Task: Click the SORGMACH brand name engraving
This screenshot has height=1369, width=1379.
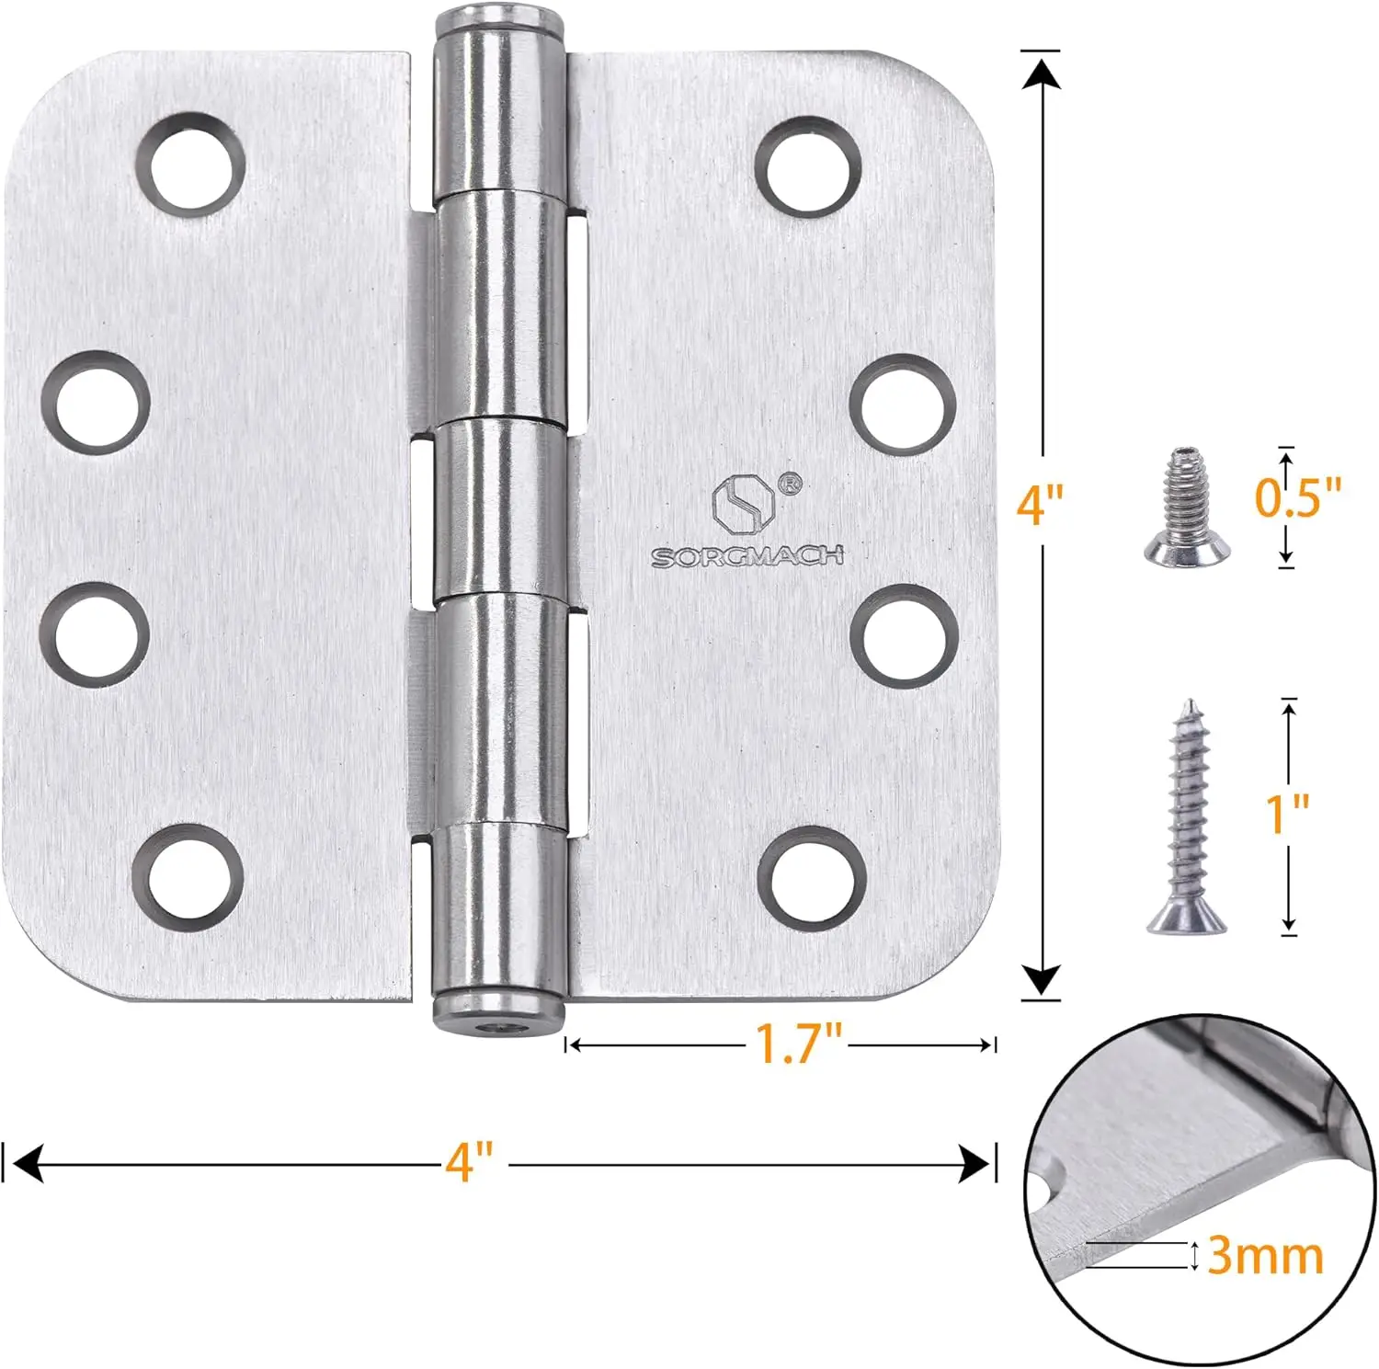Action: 746,556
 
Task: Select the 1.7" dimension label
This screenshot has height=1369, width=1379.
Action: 798,1043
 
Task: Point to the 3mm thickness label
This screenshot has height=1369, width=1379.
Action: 1264,1255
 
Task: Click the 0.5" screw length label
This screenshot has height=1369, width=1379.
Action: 1298,497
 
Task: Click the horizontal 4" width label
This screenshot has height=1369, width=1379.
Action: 469,1161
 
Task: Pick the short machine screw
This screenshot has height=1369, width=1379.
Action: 1187,506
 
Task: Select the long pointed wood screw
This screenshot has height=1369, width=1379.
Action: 1188,817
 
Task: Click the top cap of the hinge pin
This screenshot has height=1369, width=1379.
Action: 498,20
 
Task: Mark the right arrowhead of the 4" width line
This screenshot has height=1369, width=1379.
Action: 974,1163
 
